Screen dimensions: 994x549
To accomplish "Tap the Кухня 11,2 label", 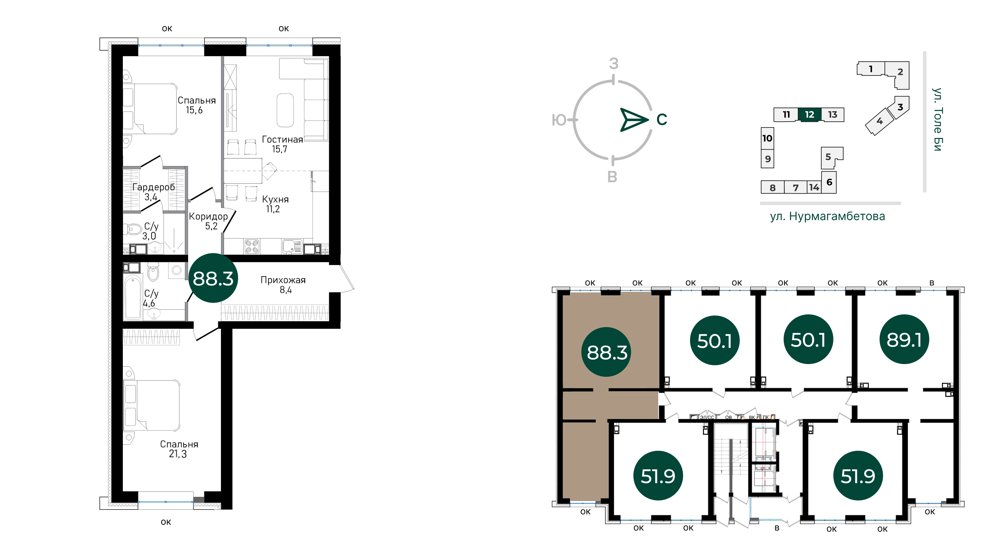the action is pyautogui.click(x=275, y=204).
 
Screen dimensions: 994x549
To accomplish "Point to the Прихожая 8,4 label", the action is pyautogui.click(x=283, y=285).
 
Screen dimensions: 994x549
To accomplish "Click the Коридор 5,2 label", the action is pyautogui.click(x=208, y=221).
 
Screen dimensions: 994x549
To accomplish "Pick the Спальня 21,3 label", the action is pyautogui.click(x=179, y=449).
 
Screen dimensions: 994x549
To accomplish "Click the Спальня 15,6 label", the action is pyautogui.click(x=196, y=105).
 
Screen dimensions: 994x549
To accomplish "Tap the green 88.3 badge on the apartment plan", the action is pyautogui.click(x=213, y=278).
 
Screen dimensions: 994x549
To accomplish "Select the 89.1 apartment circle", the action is pyautogui.click(x=904, y=340).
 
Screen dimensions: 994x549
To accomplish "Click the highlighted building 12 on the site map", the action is pyautogui.click(x=810, y=115).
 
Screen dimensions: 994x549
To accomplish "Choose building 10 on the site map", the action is pyautogui.click(x=767, y=138).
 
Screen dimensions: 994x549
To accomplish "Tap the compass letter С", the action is pyautogui.click(x=662, y=120).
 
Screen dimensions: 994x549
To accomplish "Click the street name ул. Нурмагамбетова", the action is pyautogui.click(x=827, y=216).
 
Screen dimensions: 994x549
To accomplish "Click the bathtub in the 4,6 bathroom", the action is pyautogui.click(x=133, y=297).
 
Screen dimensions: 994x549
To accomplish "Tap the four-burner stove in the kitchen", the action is pyautogui.click(x=252, y=246).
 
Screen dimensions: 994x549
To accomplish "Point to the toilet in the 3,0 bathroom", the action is pyautogui.click(x=132, y=229).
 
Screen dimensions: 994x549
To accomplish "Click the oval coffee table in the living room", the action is pyautogui.click(x=285, y=110).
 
